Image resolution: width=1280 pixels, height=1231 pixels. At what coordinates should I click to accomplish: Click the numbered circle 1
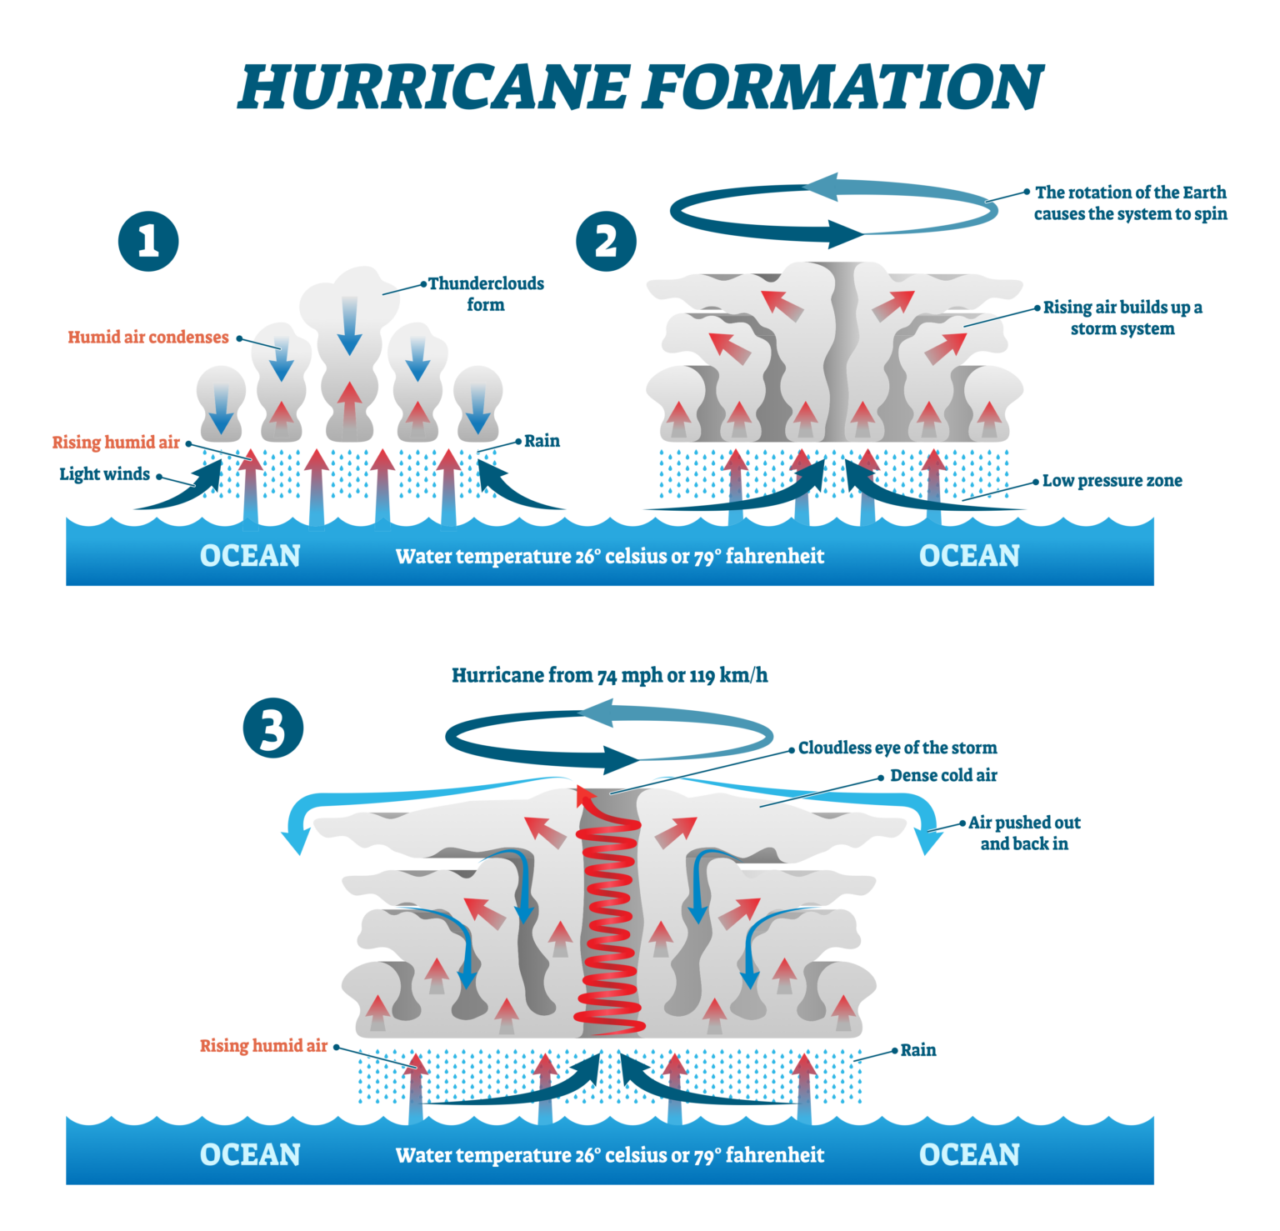pyautogui.click(x=148, y=242)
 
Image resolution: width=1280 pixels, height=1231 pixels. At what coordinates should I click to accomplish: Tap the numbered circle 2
pyautogui.click(x=606, y=242)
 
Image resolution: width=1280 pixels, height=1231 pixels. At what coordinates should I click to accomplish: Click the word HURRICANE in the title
pyautogui.click(x=433, y=87)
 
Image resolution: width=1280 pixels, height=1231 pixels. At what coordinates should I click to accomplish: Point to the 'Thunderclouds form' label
pyautogui.click(x=486, y=294)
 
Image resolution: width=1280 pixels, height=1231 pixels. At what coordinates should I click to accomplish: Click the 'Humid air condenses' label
pyautogui.click(x=148, y=338)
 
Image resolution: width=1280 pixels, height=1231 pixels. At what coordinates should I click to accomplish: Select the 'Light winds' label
pyautogui.click(x=104, y=474)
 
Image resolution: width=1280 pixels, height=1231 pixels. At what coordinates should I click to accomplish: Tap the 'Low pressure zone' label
pyautogui.click(x=1112, y=481)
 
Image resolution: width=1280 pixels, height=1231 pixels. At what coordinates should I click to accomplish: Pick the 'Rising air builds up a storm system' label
pyautogui.click(x=1122, y=318)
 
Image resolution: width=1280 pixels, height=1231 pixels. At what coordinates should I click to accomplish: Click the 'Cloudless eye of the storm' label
pyautogui.click(x=897, y=748)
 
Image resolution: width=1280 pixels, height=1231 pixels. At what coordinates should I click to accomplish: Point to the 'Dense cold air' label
pyautogui.click(x=943, y=775)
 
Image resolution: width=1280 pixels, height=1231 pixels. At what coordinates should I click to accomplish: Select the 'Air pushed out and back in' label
pyautogui.click(x=1024, y=833)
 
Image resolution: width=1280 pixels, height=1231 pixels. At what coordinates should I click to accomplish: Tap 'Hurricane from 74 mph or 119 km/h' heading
pyautogui.click(x=609, y=675)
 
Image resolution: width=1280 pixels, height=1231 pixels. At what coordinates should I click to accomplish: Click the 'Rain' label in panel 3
pyautogui.click(x=917, y=1050)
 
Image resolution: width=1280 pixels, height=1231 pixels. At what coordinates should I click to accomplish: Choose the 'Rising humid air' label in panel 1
pyautogui.click(x=116, y=443)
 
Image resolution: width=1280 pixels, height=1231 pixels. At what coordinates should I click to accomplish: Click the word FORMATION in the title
pyautogui.click(x=842, y=87)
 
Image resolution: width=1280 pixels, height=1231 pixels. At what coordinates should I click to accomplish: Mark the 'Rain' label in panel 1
pyautogui.click(x=542, y=441)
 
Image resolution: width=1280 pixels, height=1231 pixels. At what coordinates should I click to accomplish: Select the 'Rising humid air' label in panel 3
pyautogui.click(x=263, y=1046)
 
